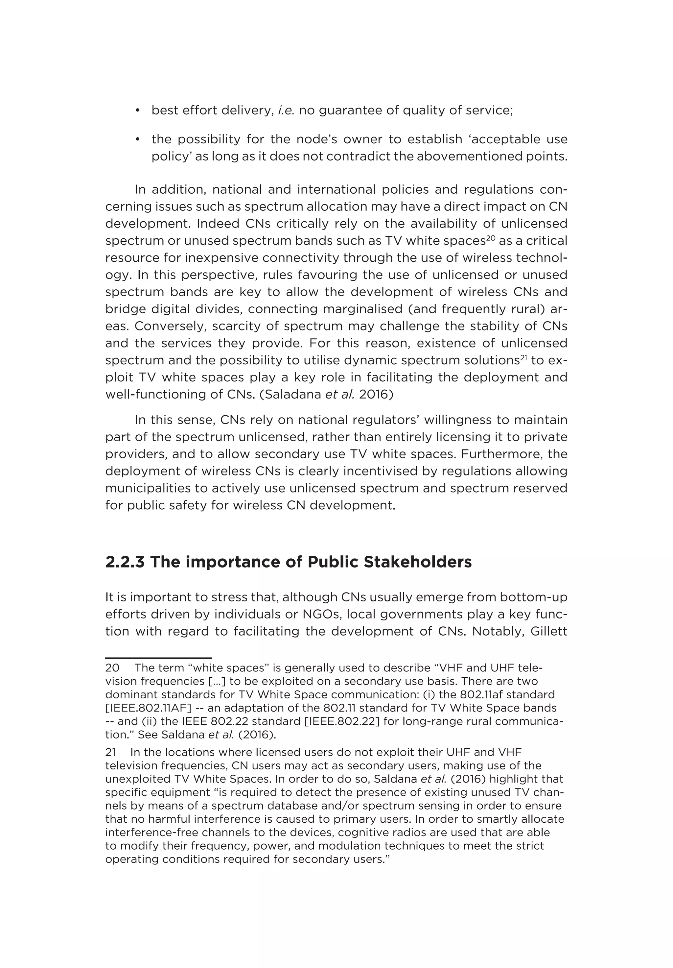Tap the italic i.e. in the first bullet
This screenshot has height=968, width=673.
click(286, 110)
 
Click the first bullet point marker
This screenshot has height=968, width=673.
click(137, 111)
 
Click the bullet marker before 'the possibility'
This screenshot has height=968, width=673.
click(137, 139)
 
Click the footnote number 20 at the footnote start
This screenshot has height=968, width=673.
click(112, 668)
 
